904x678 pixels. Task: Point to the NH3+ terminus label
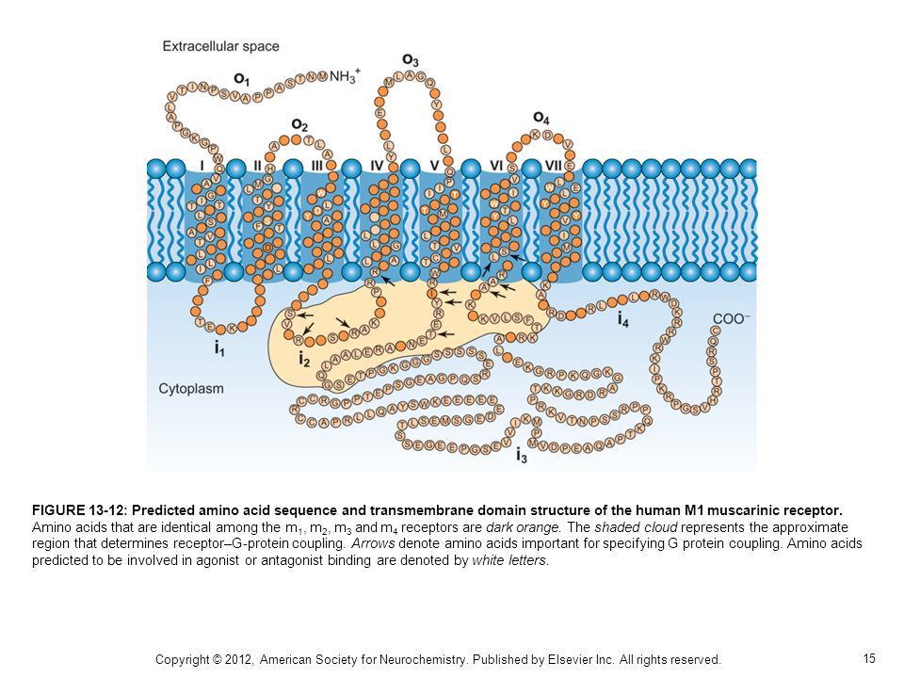(x=345, y=79)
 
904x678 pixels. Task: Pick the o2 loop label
(x=299, y=124)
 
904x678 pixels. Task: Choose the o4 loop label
(x=541, y=118)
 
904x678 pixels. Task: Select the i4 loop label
(x=623, y=320)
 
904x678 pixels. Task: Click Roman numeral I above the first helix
(x=202, y=166)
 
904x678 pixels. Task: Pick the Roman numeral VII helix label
(x=554, y=166)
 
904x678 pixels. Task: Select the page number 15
(x=869, y=657)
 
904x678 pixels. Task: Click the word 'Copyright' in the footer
(x=186, y=659)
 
